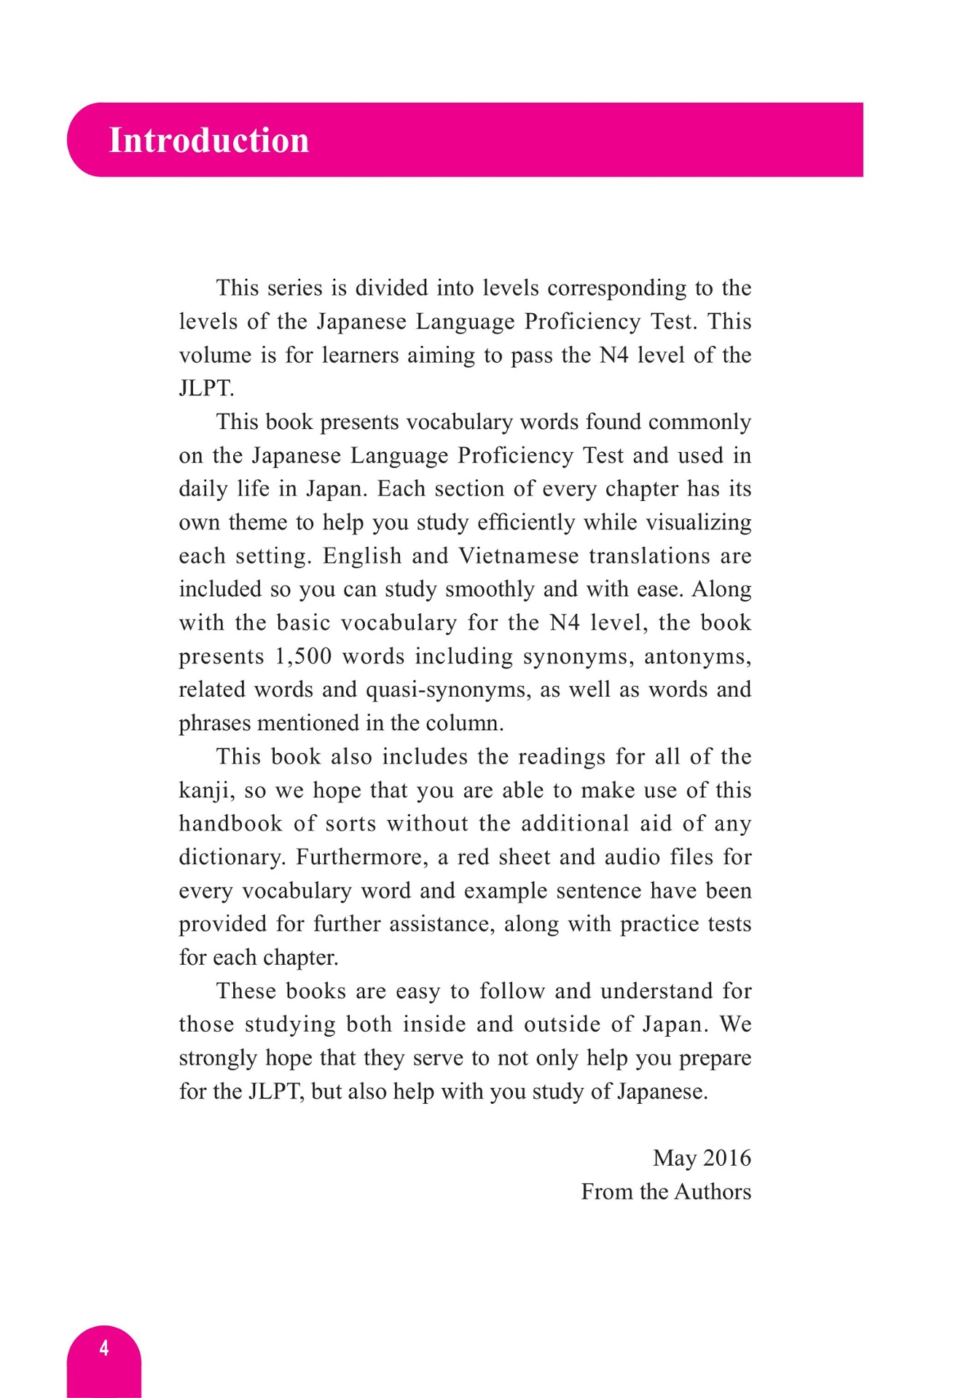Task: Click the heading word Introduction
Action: click(x=208, y=140)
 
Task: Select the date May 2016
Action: click(x=702, y=1158)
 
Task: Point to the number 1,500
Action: click(x=303, y=656)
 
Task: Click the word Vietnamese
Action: click(x=519, y=556)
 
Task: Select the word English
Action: click(x=362, y=556)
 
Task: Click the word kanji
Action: click(x=206, y=791)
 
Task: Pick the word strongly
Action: click(x=217, y=1058)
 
